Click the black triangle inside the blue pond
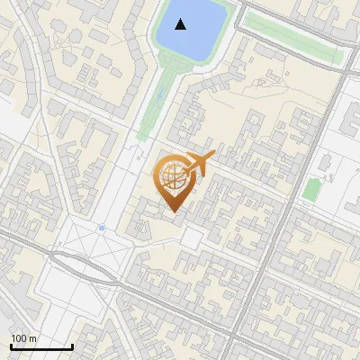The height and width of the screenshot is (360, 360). click(x=182, y=24)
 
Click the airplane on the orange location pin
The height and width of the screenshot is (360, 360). click(x=197, y=165)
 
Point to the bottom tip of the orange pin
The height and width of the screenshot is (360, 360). click(x=174, y=211)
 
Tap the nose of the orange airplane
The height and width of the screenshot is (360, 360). click(x=214, y=156)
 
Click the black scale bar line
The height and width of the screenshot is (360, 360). click(x=41, y=346)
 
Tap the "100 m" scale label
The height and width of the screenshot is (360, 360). click(x=24, y=338)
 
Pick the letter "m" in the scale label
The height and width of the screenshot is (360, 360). click(x=32, y=338)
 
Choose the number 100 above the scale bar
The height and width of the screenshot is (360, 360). click(x=20, y=338)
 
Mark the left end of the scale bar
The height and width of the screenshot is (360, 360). click(x=11, y=346)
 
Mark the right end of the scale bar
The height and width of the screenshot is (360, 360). click(x=72, y=346)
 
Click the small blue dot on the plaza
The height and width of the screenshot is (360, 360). click(x=102, y=228)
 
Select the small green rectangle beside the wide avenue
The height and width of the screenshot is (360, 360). click(x=311, y=189)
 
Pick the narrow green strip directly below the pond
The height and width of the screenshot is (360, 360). click(x=154, y=103)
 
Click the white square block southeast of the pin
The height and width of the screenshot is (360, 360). click(x=193, y=238)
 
